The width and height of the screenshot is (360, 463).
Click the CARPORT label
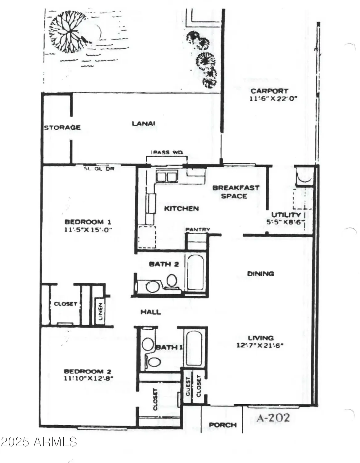click(269, 91)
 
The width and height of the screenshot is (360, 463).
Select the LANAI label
click(144, 123)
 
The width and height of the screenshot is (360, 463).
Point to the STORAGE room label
click(62, 127)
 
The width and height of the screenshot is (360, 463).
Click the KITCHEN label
click(181, 209)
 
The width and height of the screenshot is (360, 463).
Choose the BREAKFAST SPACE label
click(236, 192)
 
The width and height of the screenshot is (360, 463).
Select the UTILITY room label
click(286, 215)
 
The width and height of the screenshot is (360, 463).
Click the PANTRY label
click(198, 230)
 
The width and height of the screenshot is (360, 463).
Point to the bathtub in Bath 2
click(195, 272)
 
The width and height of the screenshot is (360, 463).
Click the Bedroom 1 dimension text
click(88, 230)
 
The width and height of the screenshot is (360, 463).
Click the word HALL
click(151, 312)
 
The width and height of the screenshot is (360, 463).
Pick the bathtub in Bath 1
click(194, 347)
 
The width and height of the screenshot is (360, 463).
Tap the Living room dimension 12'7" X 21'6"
click(260, 346)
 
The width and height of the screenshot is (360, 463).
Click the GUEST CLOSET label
click(193, 387)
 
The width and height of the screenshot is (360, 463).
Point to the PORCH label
click(223, 425)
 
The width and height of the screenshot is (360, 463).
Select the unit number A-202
click(274, 418)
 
